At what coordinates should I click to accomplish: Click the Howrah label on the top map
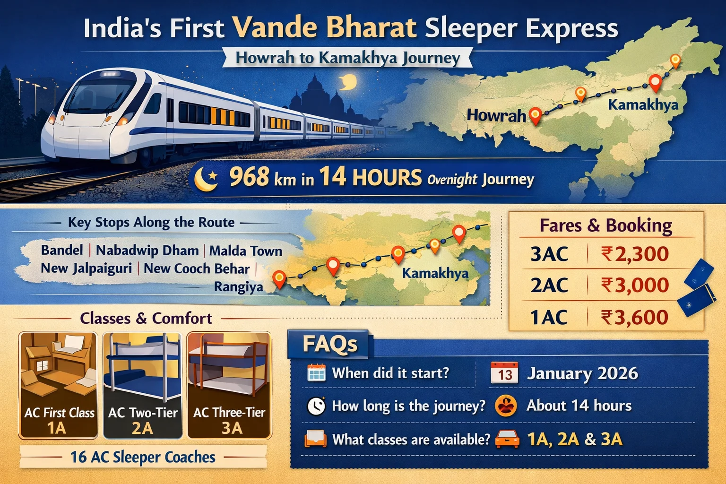[496, 115]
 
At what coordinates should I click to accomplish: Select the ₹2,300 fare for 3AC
[635, 254]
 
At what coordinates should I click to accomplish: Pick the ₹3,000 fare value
[635, 285]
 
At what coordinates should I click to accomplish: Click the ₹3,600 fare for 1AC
[635, 317]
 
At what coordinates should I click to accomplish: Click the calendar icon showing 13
[504, 373]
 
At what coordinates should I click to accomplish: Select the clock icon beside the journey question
[316, 406]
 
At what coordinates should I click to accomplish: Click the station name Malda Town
[246, 251]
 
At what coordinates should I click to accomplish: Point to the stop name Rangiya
[238, 287]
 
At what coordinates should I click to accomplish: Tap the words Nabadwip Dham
[147, 250]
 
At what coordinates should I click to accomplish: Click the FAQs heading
[329, 345]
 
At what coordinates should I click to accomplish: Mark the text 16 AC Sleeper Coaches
[143, 457]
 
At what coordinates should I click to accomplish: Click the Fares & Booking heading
[606, 225]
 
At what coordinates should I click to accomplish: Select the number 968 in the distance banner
[249, 177]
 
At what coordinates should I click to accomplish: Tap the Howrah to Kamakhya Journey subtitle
[347, 58]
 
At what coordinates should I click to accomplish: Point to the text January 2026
[582, 373]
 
